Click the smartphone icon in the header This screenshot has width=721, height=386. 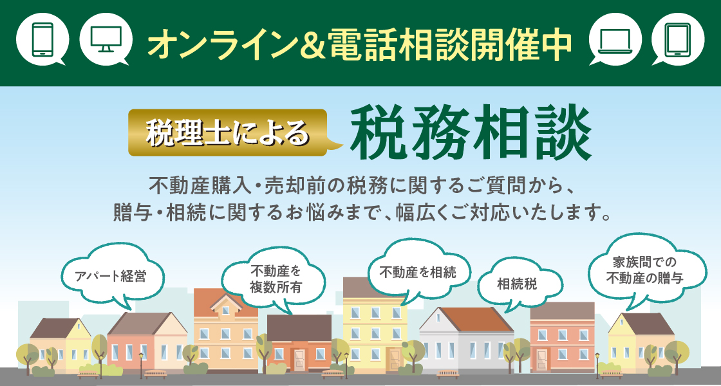click(42, 39)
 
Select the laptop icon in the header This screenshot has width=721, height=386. click(615, 39)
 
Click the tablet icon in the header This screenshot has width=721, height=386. click(678, 39)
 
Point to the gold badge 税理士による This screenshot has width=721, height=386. click(228, 133)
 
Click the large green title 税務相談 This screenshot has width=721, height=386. click(471, 133)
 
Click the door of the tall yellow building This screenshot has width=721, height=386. click(395, 359)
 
